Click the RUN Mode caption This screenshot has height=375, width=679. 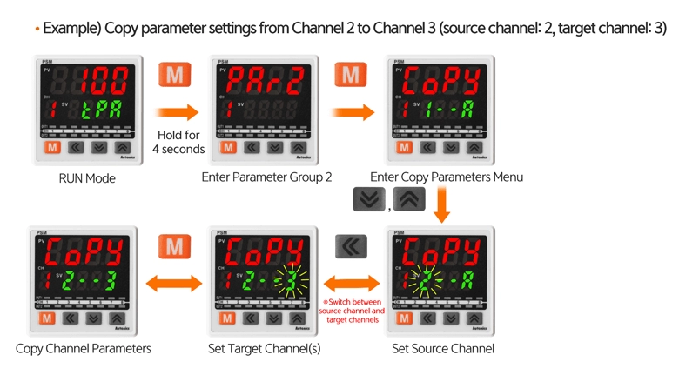87,178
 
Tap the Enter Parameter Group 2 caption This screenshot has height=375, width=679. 266,177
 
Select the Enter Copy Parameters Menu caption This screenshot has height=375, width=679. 447,177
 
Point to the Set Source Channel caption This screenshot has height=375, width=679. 443,349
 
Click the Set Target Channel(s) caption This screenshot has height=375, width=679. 265,349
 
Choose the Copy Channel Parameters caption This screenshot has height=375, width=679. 84,349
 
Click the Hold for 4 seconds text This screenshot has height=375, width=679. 178,142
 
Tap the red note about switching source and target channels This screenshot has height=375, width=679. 352,311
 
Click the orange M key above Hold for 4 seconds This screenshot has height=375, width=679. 175,75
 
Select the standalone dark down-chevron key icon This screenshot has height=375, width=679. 369,200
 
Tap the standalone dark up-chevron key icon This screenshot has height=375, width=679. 409,200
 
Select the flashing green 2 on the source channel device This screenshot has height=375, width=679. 424,281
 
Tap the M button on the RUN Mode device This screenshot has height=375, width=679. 53,148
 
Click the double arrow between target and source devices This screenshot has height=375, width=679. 352,284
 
